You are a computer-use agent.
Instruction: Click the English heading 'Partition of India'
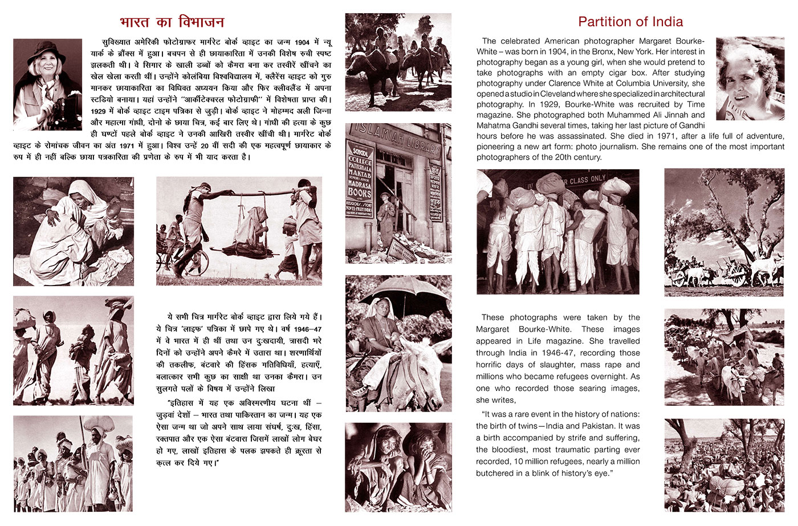click(x=630, y=22)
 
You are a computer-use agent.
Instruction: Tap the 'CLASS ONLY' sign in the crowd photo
click(x=588, y=179)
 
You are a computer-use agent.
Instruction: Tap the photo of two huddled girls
click(x=398, y=467)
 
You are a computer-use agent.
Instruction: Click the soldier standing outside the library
click(x=386, y=217)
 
